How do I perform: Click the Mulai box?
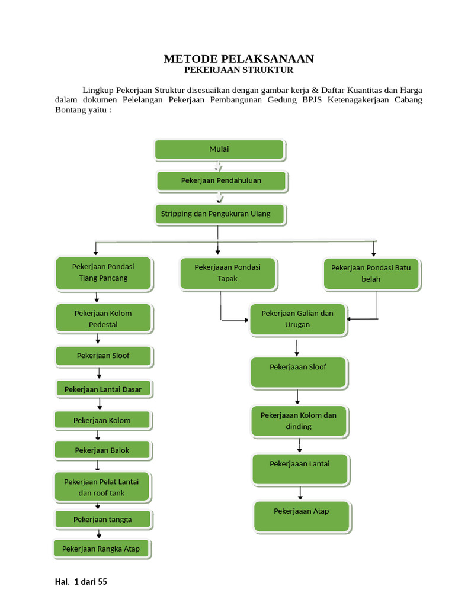pyautogui.click(x=219, y=150)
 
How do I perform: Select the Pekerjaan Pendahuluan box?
pyautogui.click(x=222, y=181)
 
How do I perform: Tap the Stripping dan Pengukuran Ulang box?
pyautogui.click(x=220, y=214)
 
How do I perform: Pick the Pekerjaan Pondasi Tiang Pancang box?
pyautogui.click(x=104, y=273)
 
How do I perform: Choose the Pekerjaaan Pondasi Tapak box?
pyautogui.click(x=228, y=274)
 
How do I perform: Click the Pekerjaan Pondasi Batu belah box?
pyautogui.click(x=372, y=274)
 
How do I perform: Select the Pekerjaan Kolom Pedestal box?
pyautogui.click(x=104, y=318)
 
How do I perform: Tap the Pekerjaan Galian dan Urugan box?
pyautogui.click(x=298, y=320)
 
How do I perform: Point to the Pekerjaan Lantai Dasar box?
pyautogui.click(x=104, y=389)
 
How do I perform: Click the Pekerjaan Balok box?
pyautogui.click(x=102, y=450)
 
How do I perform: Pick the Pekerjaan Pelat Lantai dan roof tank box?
pyautogui.click(x=102, y=487)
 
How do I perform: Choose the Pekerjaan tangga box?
pyautogui.click(x=103, y=520)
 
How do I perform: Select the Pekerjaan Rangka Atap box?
pyautogui.click(x=102, y=549)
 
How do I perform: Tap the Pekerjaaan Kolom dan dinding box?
pyautogui.click(x=299, y=421)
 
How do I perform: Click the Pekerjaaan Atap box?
pyautogui.click(x=302, y=517)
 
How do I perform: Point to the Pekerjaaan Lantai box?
pyautogui.click(x=300, y=469)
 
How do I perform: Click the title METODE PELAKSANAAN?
pyautogui.click(x=239, y=59)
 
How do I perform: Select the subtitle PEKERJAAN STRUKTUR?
pyautogui.click(x=239, y=70)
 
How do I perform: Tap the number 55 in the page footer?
pyautogui.click(x=102, y=582)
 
